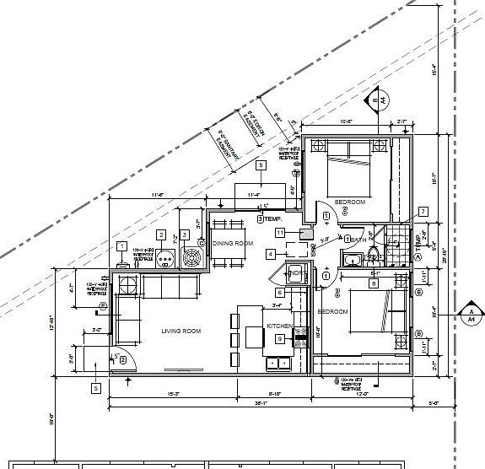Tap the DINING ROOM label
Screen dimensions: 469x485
[233, 243]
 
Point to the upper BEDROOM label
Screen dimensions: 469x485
[349, 202]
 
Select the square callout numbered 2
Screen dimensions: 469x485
[161, 234]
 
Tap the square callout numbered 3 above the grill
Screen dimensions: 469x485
[184, 234]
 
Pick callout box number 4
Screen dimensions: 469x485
[270, 253]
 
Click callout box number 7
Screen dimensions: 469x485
[423, 211]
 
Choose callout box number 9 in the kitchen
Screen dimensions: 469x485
[280, 338]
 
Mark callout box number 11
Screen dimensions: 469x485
[279, 231]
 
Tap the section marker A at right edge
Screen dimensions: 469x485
[470, 315]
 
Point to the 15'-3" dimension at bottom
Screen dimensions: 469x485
[174, 394]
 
